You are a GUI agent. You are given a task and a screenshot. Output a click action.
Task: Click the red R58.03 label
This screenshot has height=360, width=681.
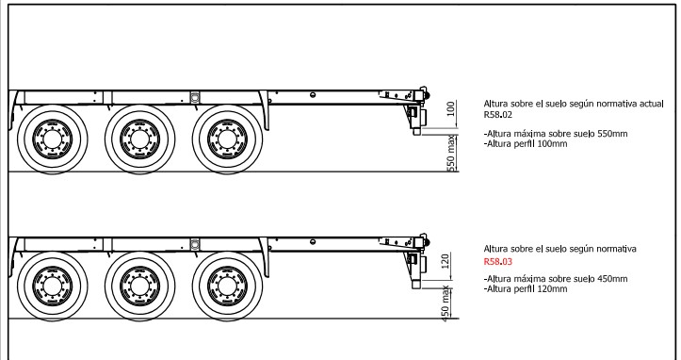(497, 262)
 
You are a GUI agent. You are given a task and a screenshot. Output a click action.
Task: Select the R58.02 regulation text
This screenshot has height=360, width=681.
(497, 115)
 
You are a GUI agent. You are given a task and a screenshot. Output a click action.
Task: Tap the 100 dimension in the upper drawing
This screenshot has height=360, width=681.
(451, 108)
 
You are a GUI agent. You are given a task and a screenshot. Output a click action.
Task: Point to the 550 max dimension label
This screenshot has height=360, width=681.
(451, 153)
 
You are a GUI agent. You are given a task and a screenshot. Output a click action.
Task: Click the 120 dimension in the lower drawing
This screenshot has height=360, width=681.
(446, 261)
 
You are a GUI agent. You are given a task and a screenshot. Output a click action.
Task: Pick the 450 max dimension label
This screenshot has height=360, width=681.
(446, 303)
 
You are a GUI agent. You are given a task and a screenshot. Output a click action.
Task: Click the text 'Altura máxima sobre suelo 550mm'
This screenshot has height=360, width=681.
(556, 134)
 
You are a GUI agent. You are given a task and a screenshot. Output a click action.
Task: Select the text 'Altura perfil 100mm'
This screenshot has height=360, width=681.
(526, 144)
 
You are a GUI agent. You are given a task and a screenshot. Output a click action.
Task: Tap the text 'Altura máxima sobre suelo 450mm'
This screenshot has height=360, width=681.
(556, 279)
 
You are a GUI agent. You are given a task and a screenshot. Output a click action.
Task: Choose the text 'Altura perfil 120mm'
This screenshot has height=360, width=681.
(526, 289)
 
